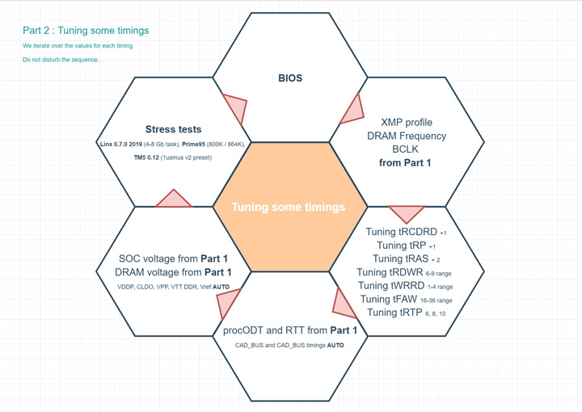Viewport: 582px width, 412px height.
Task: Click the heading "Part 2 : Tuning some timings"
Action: point(86,31)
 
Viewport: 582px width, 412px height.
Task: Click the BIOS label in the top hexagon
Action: point(290,78)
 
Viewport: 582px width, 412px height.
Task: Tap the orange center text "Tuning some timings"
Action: point(289,207)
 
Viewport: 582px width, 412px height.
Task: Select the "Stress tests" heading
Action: point(173,129)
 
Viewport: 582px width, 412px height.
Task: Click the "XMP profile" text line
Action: point(406,122)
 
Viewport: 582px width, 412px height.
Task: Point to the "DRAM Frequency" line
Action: point(406,136)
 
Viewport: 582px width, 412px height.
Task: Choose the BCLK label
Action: point(406,149)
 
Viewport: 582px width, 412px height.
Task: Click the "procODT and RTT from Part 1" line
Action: point(290,330)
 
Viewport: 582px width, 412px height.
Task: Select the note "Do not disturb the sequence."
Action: point(61,60)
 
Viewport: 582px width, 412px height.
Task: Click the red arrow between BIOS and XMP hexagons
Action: point(352,109)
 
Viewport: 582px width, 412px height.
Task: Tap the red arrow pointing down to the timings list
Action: point(407,213)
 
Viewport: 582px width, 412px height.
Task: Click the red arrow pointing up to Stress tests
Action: point(172,199)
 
